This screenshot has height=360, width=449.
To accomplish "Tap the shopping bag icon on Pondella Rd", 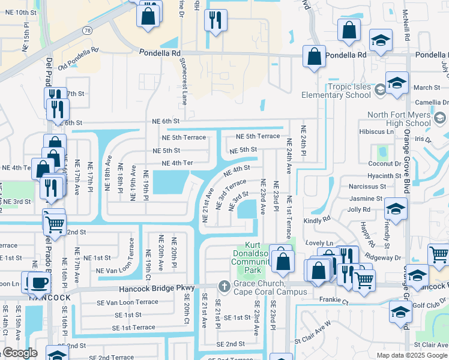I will (314, 57).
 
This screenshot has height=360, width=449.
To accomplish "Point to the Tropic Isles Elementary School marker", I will (379, 90).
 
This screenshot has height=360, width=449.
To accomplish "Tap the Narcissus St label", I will (367, 187).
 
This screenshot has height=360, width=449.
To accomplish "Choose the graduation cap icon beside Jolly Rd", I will (396, 209).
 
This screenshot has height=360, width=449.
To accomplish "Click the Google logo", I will (20, 353).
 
